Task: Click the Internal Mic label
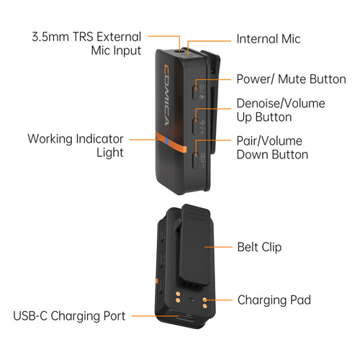coord(269,39)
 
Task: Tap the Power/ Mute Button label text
coord(291,79)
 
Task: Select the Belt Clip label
coord(259,247)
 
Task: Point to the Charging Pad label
coord(274,300)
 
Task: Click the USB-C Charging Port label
coord(69,316)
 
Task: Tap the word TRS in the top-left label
coord(83,37)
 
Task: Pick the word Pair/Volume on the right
coord(269,141)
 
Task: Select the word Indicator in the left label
coord(99,139)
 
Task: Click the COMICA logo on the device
coord(166,95)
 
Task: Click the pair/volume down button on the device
coord(196,160)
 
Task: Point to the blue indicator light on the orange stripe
coord(166,143)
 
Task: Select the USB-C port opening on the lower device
coord(185,320)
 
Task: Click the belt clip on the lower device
coord(196,245)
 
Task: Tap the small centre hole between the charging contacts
coord(191,300)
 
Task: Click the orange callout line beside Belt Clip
coord(218,247)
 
